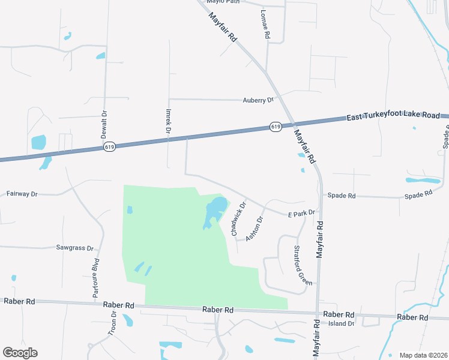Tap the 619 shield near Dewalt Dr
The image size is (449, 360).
point(109,146)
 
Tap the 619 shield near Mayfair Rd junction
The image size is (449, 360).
point(276,127)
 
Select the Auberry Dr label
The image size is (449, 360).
point(258,100)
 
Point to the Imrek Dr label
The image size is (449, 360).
point(169,121)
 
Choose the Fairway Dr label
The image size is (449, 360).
point(22,194)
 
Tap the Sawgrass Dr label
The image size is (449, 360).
point(75,248)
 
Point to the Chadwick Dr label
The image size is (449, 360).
point(238,217)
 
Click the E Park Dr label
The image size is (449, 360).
point(301,213)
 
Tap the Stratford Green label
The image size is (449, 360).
point(303,265)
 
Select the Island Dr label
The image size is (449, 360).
point(341,323)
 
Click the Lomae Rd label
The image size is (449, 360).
point(266,25)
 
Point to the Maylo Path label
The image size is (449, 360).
point(223,2)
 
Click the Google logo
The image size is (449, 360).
point(20,353)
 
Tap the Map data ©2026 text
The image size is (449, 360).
point(423,355)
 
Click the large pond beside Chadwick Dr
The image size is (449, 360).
point(215,210)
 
